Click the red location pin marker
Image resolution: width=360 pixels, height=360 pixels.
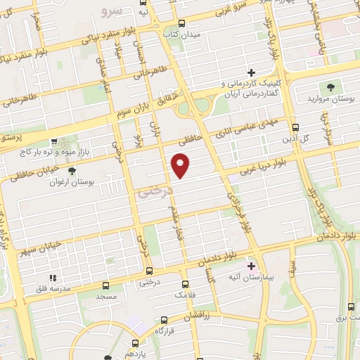[x=181, y=165]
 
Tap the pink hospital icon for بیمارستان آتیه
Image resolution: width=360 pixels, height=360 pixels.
[x=252, y=266]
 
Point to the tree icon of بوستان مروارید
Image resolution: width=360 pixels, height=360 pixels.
[x=330, y=87]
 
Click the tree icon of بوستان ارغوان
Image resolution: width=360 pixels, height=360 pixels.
[x=72, y=170]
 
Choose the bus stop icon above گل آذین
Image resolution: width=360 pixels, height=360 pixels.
[x=295, y=128]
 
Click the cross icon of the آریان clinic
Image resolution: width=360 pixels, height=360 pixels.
[x=251, y=72]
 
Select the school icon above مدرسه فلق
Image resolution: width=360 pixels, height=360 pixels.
[x=51, y=278]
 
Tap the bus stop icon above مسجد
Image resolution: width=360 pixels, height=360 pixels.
[x=105, y=286]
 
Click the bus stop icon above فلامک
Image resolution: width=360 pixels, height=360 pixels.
[x=184, y=284]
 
